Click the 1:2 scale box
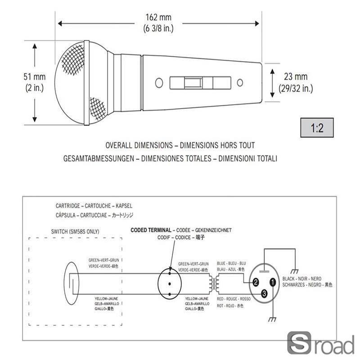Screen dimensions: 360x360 pos(317,128)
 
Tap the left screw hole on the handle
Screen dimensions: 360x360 pos(158,83)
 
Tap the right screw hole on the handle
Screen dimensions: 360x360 pos(240,83)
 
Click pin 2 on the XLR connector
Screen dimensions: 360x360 pos(255,283)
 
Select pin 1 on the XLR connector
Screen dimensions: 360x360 pos(273,283)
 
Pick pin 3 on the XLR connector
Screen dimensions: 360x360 pos(264,293)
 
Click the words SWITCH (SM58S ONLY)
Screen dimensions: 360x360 pos(76,232)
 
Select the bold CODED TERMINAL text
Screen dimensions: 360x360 pos(151,230)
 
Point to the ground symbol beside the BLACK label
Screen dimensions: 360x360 pos(295,271)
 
